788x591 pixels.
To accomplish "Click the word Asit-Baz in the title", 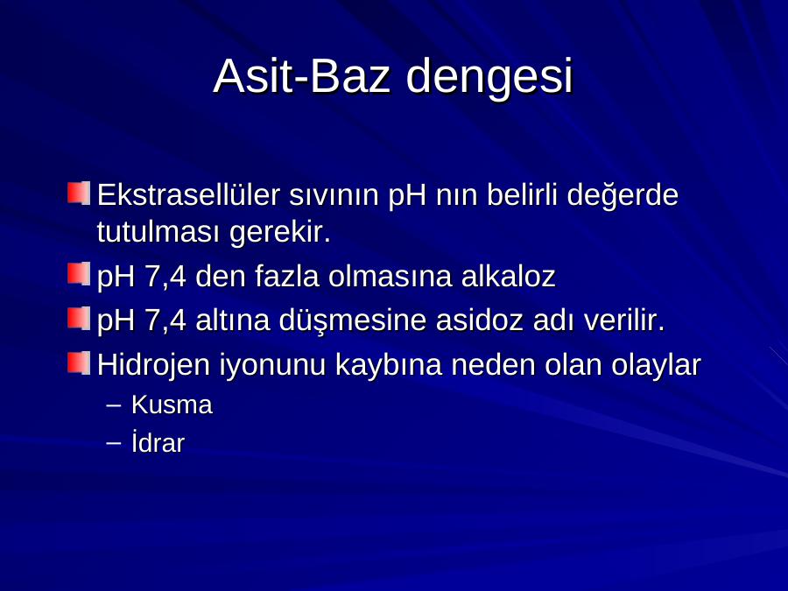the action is (x=301, y=76).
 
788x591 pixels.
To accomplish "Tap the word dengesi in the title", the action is (x=489, y=78).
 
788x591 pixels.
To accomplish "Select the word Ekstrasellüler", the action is (x=188, y=194).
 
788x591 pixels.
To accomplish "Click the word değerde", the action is (x=623, y=195).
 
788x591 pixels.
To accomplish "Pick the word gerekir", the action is (x=280, y=233).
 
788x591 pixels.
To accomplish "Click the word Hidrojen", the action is (x=153, y=364).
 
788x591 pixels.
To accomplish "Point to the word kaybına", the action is (x=389, y=364).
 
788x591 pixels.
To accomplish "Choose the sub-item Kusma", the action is (x=172, y=405).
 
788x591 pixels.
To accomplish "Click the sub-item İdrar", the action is (x=158, y=442).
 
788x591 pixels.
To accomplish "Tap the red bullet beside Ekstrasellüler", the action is (x=79, y=193).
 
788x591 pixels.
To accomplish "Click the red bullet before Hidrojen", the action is (x=79, y=362).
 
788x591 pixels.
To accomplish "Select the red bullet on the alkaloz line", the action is (x=79, y=274).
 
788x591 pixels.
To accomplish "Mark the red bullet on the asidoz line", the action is (x=79, y=319).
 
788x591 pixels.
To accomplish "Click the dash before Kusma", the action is (x=114, y=405).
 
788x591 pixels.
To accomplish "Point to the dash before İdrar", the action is (x=114, y=443).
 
